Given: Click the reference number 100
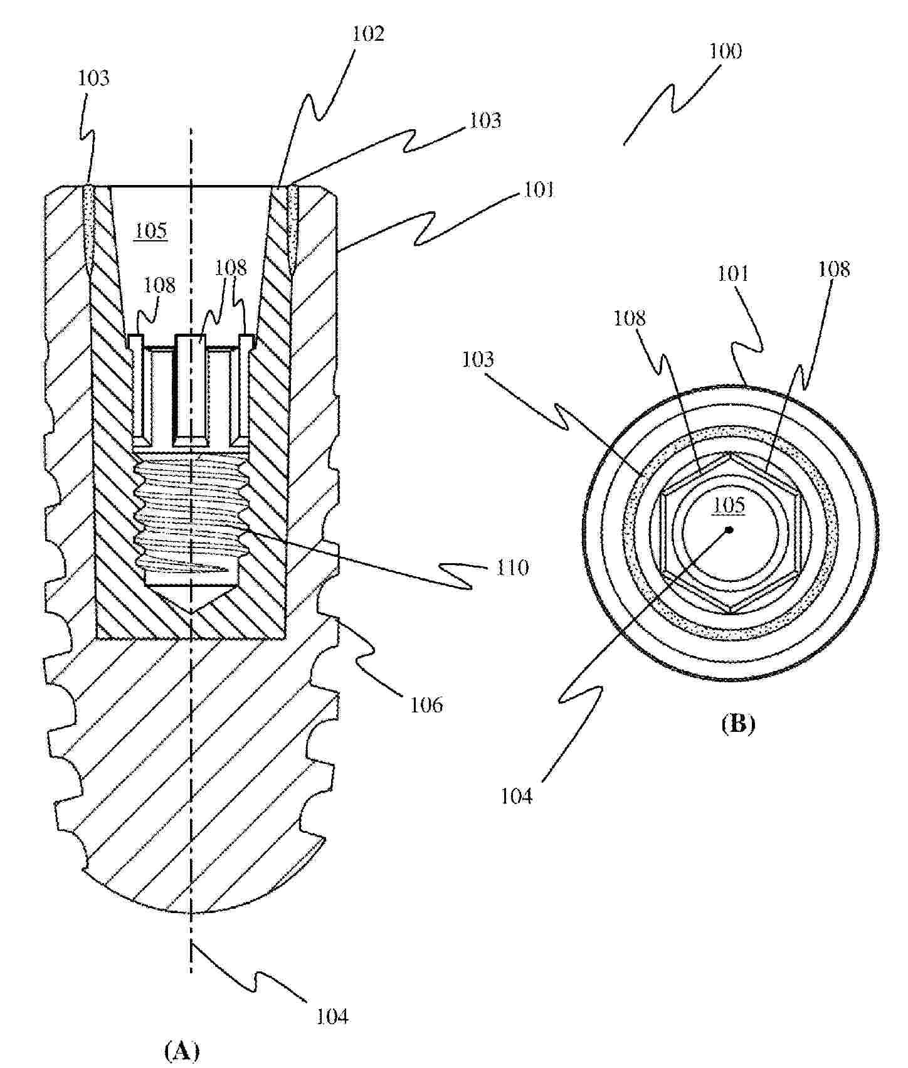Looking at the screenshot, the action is pos(725,50).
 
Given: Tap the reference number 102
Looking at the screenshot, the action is pos(367,33).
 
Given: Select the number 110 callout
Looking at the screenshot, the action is pos(512,568).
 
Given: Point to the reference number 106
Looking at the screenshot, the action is pos(426,704).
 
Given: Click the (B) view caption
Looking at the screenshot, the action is pos(738,724).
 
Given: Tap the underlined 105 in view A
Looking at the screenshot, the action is pos(151,231).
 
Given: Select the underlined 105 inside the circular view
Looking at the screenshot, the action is pos(729,505).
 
